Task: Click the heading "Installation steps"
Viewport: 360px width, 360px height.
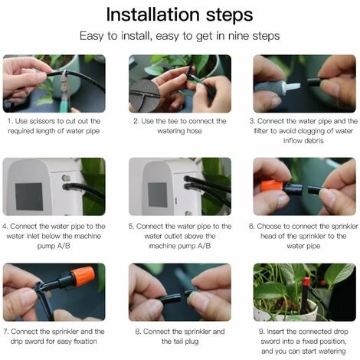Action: pos(180,15)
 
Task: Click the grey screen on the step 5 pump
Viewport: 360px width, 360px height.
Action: pos(157,194)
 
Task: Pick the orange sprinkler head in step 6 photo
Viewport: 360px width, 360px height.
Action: pos(270,185)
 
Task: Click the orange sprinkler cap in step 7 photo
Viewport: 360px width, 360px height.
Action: pos(83,276)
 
